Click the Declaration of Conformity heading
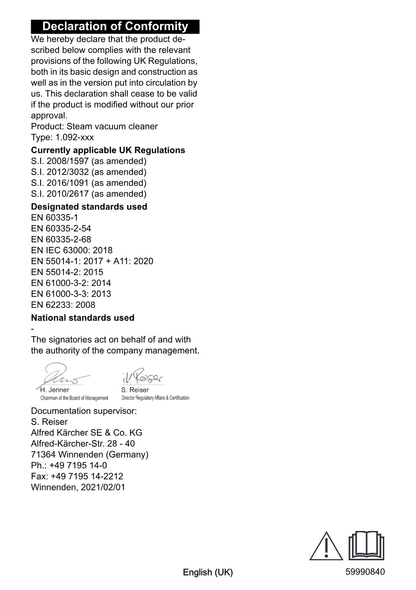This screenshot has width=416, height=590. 115,26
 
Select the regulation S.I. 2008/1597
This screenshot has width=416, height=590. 89,161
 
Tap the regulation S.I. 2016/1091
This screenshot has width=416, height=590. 89,183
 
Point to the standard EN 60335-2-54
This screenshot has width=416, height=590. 61,229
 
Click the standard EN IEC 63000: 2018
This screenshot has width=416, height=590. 72,250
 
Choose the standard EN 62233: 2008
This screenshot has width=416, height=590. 63,305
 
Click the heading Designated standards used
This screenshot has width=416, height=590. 89,207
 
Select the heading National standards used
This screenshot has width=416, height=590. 83,318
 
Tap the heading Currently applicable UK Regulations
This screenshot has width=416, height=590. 108,150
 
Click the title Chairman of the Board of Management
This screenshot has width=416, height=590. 74,398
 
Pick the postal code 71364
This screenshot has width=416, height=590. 43,455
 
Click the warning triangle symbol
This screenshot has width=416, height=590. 326,547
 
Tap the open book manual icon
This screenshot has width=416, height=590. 367,545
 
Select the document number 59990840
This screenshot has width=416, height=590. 365,572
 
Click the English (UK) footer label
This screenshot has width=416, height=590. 208,573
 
